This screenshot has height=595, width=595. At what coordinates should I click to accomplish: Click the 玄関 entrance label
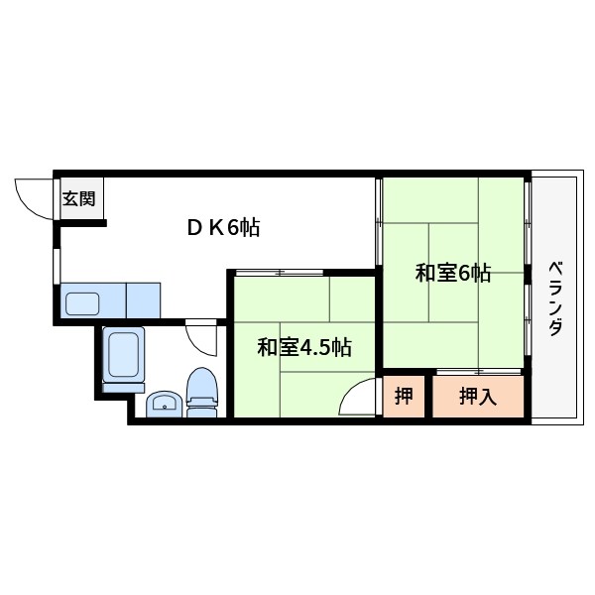tap(79, 198)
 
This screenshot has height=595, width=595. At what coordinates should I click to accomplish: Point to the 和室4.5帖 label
tap(304, 347)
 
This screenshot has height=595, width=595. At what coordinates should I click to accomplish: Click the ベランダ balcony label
tap(555, 298)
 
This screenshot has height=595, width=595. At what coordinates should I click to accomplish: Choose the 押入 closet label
tap(477, 397)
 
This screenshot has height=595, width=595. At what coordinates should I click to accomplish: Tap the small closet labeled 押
tap(404, 397)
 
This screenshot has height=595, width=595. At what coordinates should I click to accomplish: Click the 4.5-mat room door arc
tap(357, 399)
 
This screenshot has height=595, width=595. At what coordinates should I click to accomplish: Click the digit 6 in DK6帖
tap(234, 228)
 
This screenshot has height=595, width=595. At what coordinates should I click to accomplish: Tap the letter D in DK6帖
tap(194, 228)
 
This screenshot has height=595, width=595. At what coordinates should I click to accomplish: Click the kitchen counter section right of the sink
tap(143, 299)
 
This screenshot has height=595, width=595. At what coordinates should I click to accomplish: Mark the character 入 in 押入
tap(487, 397)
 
